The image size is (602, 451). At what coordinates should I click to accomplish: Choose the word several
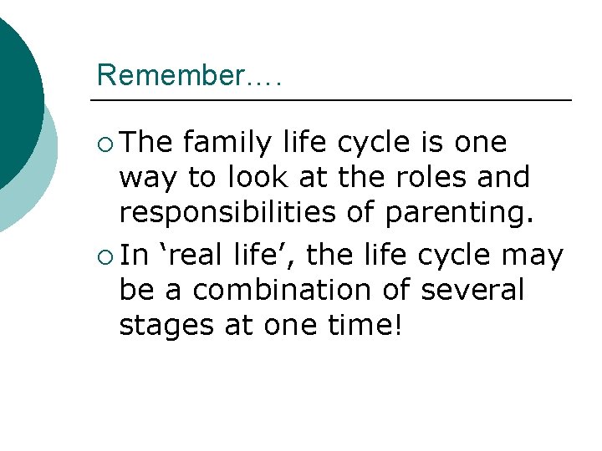click(472, 291)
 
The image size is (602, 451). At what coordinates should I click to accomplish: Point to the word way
click(147, 179)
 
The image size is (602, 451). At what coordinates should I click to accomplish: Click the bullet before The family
click(103, 143)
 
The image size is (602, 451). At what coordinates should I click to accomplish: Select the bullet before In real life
click(103, 256)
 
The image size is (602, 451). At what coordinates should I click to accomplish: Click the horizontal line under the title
click(334, 101)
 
